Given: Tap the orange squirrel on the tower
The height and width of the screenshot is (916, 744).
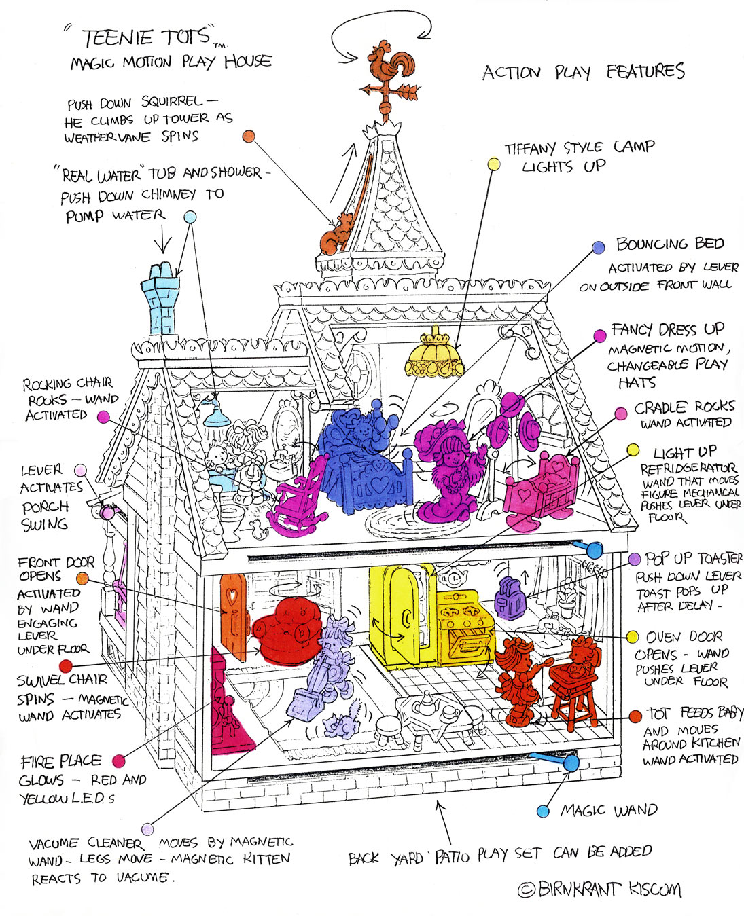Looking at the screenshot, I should click(x=334, y=234).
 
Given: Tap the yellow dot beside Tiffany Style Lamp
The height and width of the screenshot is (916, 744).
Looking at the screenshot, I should click(x=495, y=164).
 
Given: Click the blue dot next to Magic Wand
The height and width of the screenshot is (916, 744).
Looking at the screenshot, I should click(x=543, y=811).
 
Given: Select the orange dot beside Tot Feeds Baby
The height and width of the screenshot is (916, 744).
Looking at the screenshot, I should click(x=635, y=716).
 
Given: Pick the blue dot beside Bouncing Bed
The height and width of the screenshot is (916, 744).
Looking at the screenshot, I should click(x=598, y=247).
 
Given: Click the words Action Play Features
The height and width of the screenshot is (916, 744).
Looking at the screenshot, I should click(x=583, y=72).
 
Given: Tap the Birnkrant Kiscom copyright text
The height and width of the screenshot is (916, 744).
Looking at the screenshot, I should click(x=599, y=890).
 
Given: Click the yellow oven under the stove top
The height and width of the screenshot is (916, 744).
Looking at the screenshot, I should click(x=463, y=639).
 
